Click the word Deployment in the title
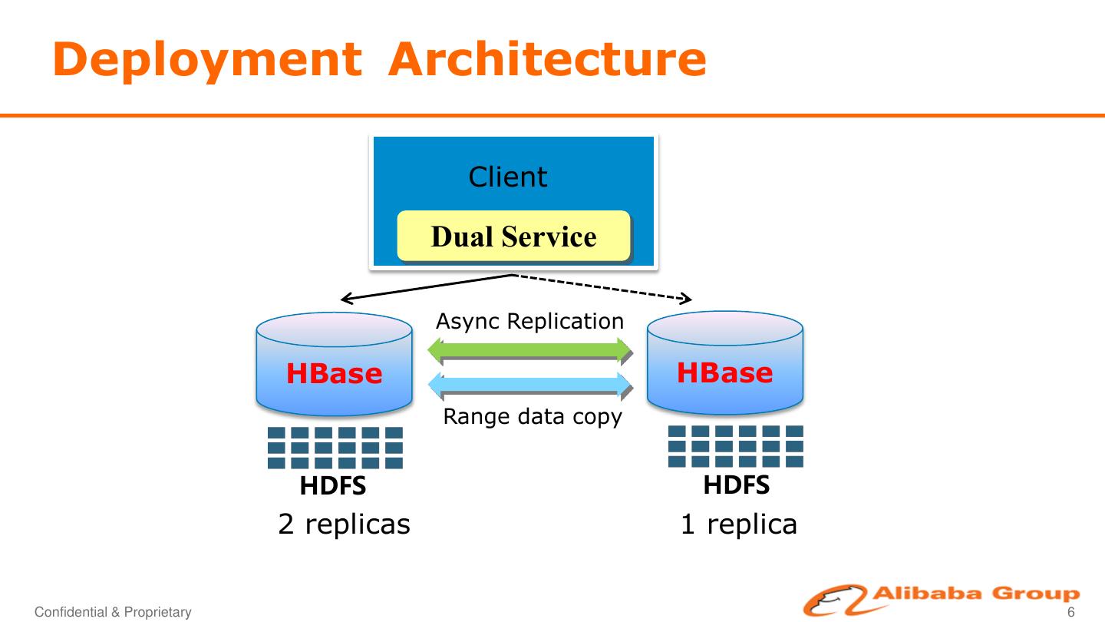[207, 60]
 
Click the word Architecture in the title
[546, 60]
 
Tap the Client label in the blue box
[507, 177]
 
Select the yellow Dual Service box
[513, 237]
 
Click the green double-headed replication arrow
[529, 351]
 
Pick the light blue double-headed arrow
[529, 384]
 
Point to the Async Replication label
[529, 321]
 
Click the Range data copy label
[533, 417]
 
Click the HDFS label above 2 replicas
[333, 486]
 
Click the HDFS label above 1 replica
[737, 485]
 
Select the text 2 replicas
[344, 524]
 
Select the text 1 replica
[738, 524]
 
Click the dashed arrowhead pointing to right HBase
[688, 299]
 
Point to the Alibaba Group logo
[941, 599]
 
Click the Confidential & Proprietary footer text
[113, 612]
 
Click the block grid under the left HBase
[335, 448]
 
